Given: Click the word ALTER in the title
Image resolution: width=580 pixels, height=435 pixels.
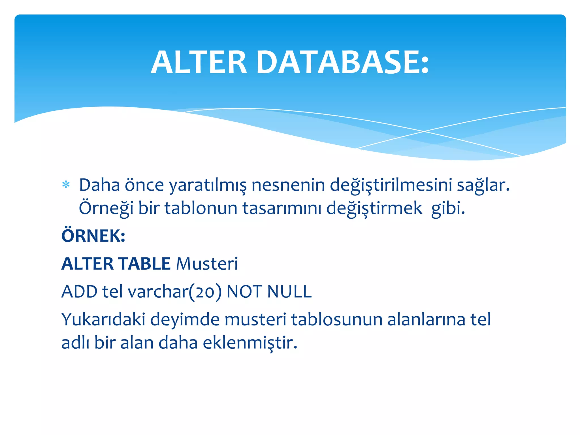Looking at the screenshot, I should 199,63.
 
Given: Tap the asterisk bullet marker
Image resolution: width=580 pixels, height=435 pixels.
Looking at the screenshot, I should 66,185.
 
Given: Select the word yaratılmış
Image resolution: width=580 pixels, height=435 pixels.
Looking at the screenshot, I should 208,185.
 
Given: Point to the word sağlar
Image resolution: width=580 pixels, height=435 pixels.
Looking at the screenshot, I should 483,185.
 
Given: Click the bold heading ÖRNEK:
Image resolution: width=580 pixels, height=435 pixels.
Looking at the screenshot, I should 93,236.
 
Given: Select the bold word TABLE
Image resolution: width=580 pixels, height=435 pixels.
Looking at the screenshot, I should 144,264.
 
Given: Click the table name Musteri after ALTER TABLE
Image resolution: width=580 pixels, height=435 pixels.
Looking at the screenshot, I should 207,264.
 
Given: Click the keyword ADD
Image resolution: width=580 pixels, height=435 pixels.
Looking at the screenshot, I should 79,291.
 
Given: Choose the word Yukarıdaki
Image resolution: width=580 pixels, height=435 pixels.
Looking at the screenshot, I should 103,319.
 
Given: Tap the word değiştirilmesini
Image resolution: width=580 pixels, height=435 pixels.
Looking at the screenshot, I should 391,185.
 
